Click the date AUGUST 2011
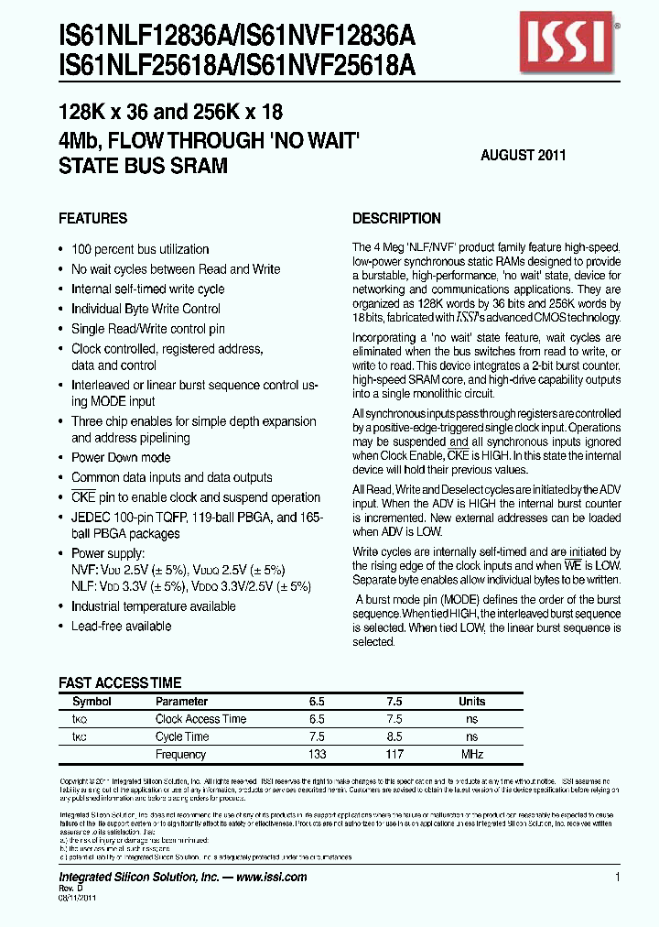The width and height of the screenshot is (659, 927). click(523, 156)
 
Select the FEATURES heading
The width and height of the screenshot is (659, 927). click(92, 219)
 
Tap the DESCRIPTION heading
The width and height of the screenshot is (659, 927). click(396, 219)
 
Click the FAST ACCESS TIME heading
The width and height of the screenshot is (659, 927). click(120, 683)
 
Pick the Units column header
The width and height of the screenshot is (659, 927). click(472, 702)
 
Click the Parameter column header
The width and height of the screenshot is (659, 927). click(181, 702)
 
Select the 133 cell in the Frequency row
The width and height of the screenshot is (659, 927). click(317, 755)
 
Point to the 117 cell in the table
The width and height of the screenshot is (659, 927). click(394, 755)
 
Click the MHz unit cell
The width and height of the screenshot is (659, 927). click(472, 755)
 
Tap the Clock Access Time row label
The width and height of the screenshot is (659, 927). click(200, 719)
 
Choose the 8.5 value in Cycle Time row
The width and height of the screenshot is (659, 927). click(394, 736)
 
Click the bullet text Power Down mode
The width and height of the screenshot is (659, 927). click(121, 458)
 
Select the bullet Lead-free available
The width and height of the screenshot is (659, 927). click(121, 627)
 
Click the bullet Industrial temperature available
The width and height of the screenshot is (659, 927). click(153, 606)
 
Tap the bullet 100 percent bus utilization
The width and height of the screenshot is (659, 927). click(140, 249)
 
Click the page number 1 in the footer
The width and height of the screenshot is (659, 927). click(618, 877)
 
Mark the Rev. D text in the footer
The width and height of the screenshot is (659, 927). click(71, 889)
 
